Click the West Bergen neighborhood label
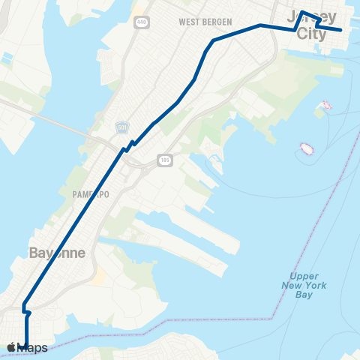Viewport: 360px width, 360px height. click(x=205, y=22)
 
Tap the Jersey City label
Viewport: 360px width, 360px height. click(x=312, y=25)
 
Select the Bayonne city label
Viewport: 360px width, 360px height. click(x=57, y=253)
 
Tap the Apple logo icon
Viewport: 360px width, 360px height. click(x=10, y=348)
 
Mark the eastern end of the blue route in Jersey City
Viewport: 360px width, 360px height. click(x=341, y=30)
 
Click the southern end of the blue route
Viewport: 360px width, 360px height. click(x=26, y=343)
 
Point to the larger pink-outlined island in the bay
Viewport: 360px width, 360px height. click(x=305, y=147)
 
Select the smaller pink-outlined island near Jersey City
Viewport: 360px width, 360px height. click(x=325, y=105)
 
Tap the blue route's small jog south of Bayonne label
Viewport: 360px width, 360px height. click(x=25, y=309)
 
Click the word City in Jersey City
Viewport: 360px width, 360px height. click(x=312, y=34)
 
